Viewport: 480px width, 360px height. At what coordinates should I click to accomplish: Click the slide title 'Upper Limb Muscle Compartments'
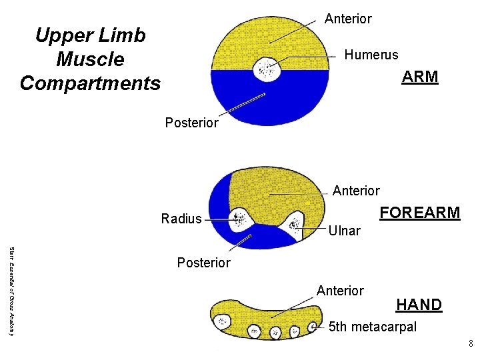tap(90, 59)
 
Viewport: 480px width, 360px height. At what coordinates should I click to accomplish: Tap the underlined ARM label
tap(419, 77)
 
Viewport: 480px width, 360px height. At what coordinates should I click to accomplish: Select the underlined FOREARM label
tap(419, 213)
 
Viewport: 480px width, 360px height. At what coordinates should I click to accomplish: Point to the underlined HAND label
tap(419, 305)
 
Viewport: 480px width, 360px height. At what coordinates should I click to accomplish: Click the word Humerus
tap(371, 55)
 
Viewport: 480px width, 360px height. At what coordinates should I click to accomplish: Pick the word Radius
tap(181, 219)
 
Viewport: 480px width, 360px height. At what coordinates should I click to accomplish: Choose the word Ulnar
tap(344, 231)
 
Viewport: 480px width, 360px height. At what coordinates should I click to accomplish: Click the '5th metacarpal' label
tap(373, 327)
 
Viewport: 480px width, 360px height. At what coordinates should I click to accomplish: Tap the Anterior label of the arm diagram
tap(348, 19)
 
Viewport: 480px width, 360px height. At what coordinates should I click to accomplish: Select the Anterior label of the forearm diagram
tap(356, 191)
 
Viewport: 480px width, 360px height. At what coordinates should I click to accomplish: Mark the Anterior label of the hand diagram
tap(340, 291)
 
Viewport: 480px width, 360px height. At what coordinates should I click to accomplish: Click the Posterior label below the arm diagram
tap(191, 123)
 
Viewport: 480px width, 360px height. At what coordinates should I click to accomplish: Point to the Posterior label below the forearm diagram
tap(203, 263)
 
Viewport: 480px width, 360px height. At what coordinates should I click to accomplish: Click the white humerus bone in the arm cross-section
tap(269, 69)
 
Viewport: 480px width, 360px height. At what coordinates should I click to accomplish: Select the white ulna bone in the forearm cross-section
tap(293, 221)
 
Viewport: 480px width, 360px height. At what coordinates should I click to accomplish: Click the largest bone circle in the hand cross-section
tap(221, 321)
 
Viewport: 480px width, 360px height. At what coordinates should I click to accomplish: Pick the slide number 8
tap(471, 344)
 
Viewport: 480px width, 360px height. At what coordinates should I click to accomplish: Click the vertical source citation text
tap(10, 291)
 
